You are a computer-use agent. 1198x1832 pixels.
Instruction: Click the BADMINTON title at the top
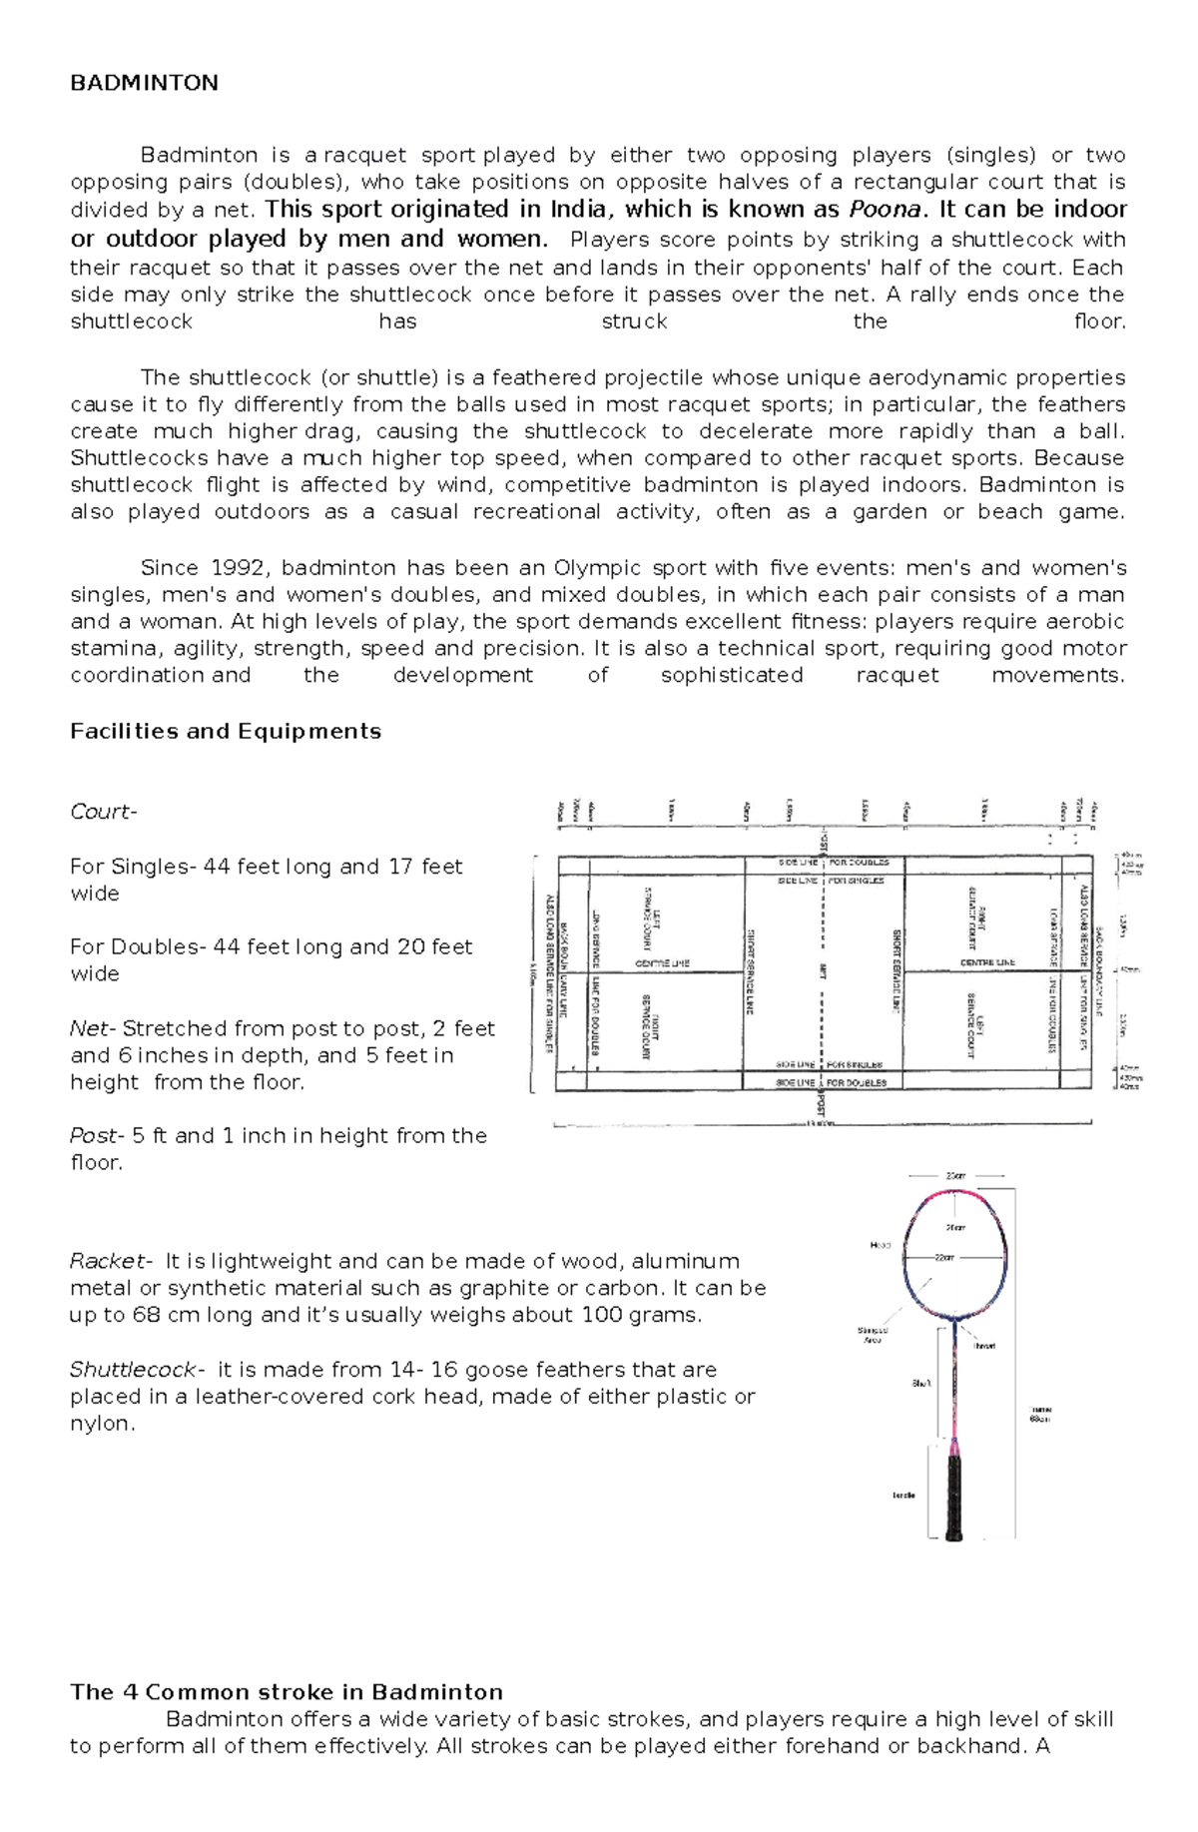click(144, 83)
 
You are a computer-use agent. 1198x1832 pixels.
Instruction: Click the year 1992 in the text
click(240, 568)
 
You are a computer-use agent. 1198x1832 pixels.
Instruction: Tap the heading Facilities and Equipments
click(226, 731)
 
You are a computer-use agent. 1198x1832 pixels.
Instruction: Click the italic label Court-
click(103, 812)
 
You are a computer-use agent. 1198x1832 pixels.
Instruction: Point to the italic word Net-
click(93, 1028)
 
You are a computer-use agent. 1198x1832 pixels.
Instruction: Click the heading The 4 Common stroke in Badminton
click(287, 1692)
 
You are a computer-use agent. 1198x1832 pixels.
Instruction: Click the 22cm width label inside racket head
click(944, 1258)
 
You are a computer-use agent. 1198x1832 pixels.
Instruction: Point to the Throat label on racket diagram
click(984, 1346)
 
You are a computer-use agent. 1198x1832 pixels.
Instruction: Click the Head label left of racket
click(880, 1245)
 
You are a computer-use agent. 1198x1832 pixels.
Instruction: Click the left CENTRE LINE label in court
click(662, 963)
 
